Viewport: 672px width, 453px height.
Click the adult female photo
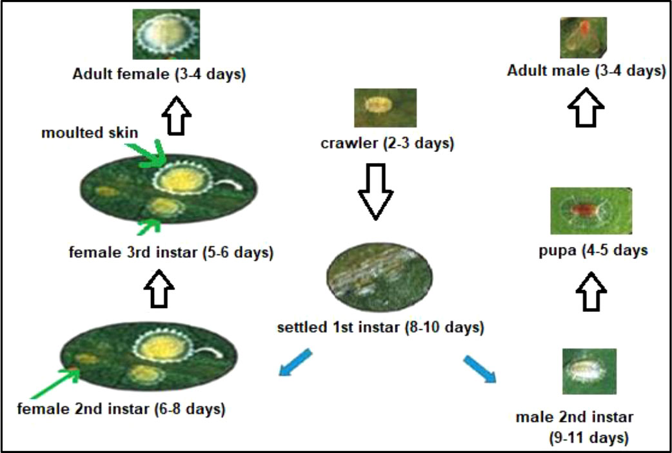166,34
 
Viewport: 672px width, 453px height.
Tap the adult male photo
583,37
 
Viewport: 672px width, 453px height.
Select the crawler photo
385,108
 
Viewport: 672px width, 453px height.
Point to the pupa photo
591,211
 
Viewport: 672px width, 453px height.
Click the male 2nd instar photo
589,371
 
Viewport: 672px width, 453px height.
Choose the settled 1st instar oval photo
379,277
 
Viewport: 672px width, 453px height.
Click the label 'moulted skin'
90,133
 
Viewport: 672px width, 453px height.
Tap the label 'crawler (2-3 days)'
387,142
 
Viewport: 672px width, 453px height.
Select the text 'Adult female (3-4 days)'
159,74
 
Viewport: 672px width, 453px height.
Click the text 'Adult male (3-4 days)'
586,70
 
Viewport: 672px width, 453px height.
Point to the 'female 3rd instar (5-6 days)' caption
171,252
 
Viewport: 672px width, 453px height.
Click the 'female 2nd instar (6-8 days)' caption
121,409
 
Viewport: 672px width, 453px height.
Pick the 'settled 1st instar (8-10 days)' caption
380,328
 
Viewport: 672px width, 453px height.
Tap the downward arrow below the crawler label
376,191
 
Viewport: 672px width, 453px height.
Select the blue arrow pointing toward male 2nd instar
480,368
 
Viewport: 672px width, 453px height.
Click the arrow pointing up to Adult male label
586,107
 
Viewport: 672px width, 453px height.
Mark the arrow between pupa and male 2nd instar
591,291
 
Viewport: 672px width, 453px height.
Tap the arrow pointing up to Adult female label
177,115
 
